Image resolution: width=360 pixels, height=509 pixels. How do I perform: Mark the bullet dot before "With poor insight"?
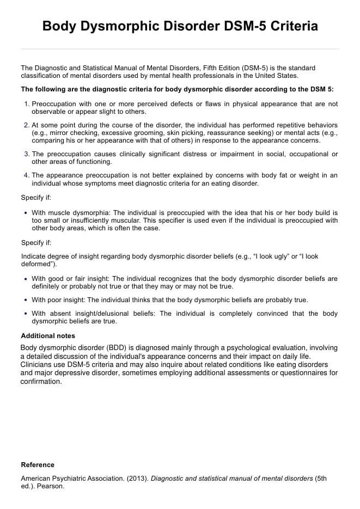26,300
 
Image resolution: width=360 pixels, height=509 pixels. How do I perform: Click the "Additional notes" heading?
48,336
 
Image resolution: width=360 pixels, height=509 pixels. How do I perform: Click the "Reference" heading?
38,464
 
